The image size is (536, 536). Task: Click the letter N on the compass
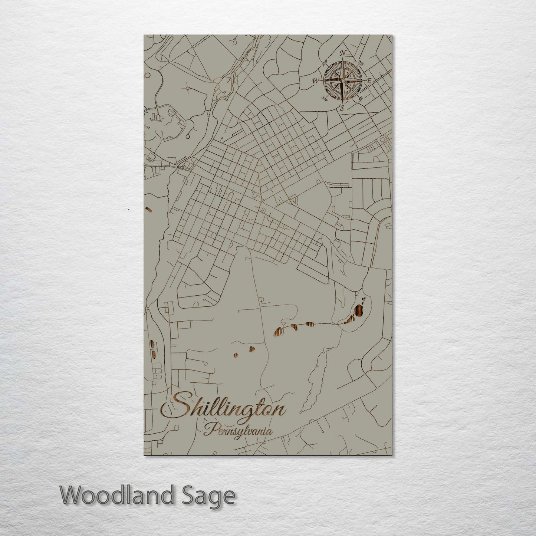[x=343, y=53]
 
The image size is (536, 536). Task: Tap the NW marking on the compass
[x=325, y=62]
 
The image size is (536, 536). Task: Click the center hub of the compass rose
[x=342, y=80]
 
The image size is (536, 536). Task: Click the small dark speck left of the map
[x=128, y=210]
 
